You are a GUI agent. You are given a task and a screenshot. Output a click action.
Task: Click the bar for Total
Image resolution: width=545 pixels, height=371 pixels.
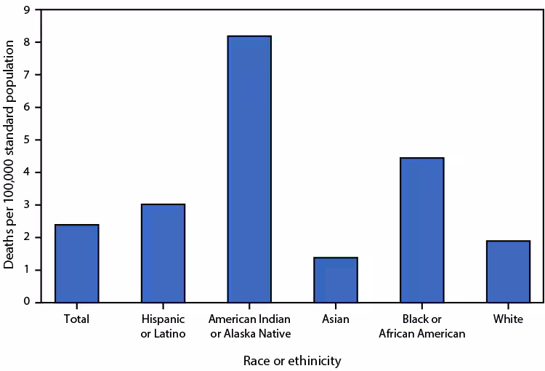click(x=76, y=263)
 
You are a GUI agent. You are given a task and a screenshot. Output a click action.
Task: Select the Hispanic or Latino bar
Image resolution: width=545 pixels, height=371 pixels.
click(x=163, y=253)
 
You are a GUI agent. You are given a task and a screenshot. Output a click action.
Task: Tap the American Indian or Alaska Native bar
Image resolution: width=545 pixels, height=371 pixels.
click(x=249, y=169)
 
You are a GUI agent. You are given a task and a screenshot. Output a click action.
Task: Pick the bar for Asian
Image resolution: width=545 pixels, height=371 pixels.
click(x=336, y=279)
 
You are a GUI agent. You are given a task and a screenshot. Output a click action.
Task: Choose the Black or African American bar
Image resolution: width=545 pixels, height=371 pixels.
click(x=422, y=230)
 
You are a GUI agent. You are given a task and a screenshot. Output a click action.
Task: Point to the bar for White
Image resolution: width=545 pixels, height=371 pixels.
click(x=508, y=271)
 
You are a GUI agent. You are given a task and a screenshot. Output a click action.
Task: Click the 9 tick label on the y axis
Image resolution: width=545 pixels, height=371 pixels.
click(x=27, y=10)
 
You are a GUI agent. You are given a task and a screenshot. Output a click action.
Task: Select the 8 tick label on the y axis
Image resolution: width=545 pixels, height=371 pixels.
click(x=27, y=43)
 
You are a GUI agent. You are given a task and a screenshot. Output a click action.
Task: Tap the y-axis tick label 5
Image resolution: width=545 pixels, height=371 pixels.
click(x=27, y=140)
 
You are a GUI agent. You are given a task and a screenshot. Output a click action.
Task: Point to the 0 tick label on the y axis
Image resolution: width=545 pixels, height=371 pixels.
click(x=27, y=302)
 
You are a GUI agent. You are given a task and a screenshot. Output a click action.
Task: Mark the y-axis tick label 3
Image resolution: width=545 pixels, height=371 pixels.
click(x=27, y=204)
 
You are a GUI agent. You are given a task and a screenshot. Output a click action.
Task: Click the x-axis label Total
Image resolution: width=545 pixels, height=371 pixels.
click(x=76, y=319)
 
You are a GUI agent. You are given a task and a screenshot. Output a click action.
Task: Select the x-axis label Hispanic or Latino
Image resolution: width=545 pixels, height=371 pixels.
click(x=163, y=326)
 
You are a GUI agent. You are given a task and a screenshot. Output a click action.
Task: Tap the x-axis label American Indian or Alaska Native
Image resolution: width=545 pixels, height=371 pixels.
click(x=249, y=326)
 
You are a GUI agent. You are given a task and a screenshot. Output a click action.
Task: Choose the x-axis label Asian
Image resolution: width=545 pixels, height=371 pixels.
click(x=336, y=319)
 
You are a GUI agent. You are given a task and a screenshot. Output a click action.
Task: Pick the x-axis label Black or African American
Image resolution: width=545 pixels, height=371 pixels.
click(x=422, y=326)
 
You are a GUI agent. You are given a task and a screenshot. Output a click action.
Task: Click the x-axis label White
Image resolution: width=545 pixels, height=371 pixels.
click(x=508, y=319)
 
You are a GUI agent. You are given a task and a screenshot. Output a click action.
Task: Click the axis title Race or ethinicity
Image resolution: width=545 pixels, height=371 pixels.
click(x=291, y=360)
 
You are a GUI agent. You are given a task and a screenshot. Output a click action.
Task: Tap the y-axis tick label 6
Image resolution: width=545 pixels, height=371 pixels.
click(x=27, y=108)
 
